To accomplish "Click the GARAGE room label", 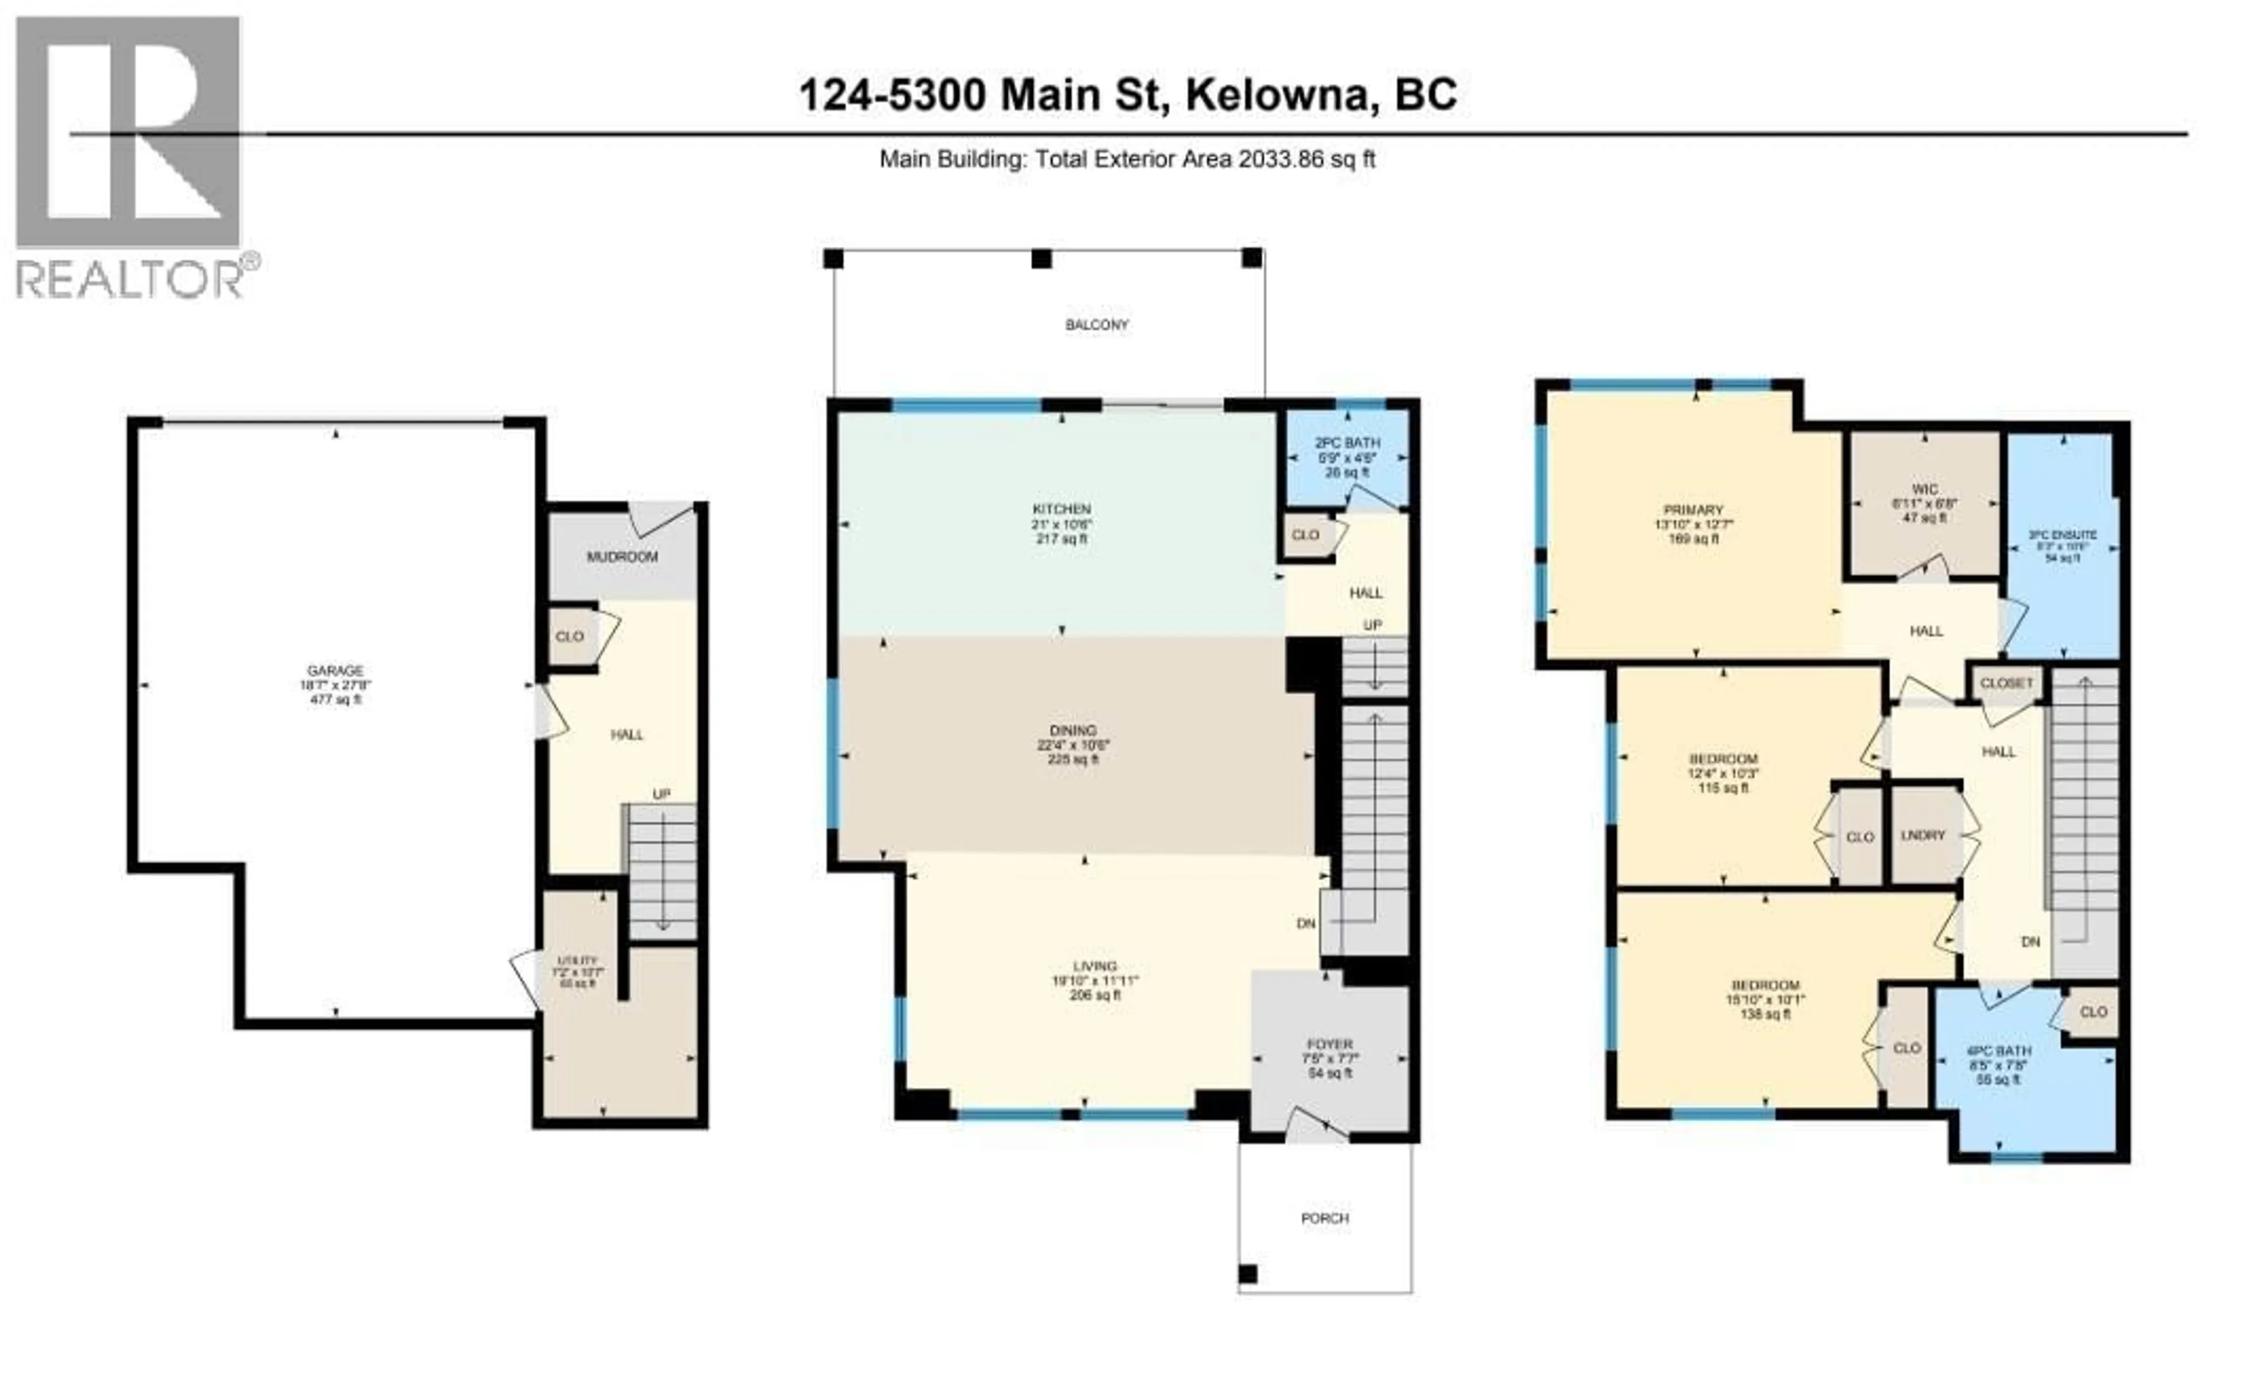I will coord(336,671).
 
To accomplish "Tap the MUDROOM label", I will coord(622,556).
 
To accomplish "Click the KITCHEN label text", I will coord(1062,509).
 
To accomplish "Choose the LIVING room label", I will coord(1095,965).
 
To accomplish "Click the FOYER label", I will coord(1329,1044).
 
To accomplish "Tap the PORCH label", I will coord(1324,1218).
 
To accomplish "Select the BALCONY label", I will coord(1096,325).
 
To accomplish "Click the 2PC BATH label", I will coord(1347,443).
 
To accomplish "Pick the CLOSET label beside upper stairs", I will coord(2006,683).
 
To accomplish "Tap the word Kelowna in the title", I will coord(1281,95).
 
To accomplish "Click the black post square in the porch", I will coord(1247,1274).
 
